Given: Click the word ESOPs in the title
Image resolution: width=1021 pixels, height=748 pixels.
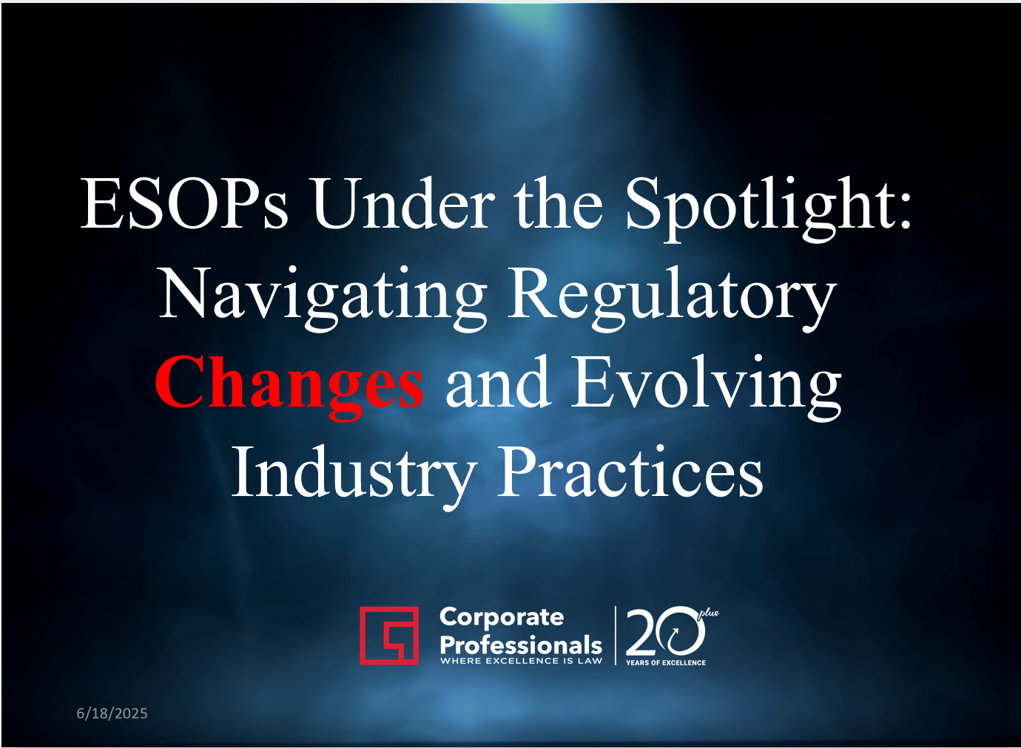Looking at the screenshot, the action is [184, 203].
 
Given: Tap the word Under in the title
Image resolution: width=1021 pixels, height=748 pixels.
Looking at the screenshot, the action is [403, 202].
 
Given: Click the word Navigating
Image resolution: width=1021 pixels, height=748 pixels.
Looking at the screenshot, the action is [323, 298].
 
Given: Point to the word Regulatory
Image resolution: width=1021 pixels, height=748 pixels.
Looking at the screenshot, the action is [673, 298].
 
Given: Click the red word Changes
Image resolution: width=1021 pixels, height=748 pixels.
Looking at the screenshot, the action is [289, 387].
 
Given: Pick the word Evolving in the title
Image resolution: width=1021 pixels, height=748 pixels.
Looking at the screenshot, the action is [706, 387].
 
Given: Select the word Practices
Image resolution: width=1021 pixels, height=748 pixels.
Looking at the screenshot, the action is [630, 474].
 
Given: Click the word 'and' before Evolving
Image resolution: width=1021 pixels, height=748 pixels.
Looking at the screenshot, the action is [498, 383].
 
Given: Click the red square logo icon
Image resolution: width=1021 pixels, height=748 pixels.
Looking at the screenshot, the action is [389, 636].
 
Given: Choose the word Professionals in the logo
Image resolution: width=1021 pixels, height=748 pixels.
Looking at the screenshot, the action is [521, 645].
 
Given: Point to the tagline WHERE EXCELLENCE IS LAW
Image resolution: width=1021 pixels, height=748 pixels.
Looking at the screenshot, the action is [521, 661].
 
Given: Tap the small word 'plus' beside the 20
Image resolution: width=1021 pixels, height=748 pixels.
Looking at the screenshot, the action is [710, 613].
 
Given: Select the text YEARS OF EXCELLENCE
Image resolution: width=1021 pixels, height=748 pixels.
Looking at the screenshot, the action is [665, 663].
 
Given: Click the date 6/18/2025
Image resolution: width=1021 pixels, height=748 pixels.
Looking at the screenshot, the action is [112, 713].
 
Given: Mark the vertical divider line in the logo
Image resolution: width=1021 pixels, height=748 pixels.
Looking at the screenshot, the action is [616, 636].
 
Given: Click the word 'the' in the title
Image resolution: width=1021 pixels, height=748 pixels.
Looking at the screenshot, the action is [559, 203].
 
